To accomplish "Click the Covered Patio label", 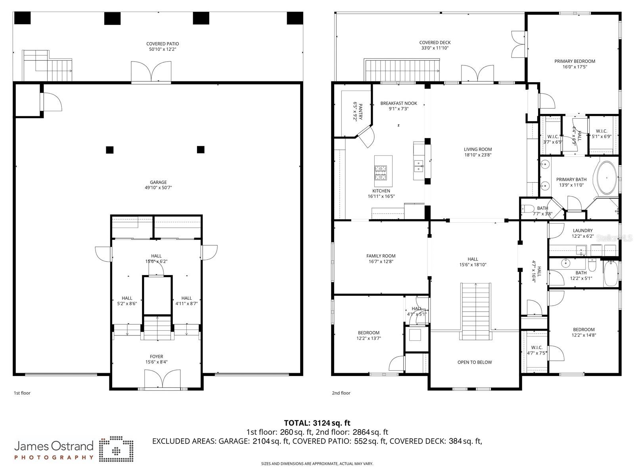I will point(163,44).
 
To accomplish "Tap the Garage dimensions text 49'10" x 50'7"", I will point(158,188).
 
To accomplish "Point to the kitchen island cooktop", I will point(381,172).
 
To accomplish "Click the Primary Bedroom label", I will point(575,61).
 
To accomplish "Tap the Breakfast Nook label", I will point(398,103).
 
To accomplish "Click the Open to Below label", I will point(475,362).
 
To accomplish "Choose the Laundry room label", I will point(582,230).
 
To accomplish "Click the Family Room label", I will point(381,256).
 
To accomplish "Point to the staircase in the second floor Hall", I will point(475,311).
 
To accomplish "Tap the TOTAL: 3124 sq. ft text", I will point(317,423).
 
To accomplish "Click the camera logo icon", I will point(116,449).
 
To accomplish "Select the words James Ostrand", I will point(54,446).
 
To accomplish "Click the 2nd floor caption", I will point(341,393).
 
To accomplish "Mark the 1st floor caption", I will point(22,393).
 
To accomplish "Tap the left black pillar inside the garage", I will point(110,150).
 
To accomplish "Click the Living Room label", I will point(478,150).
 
